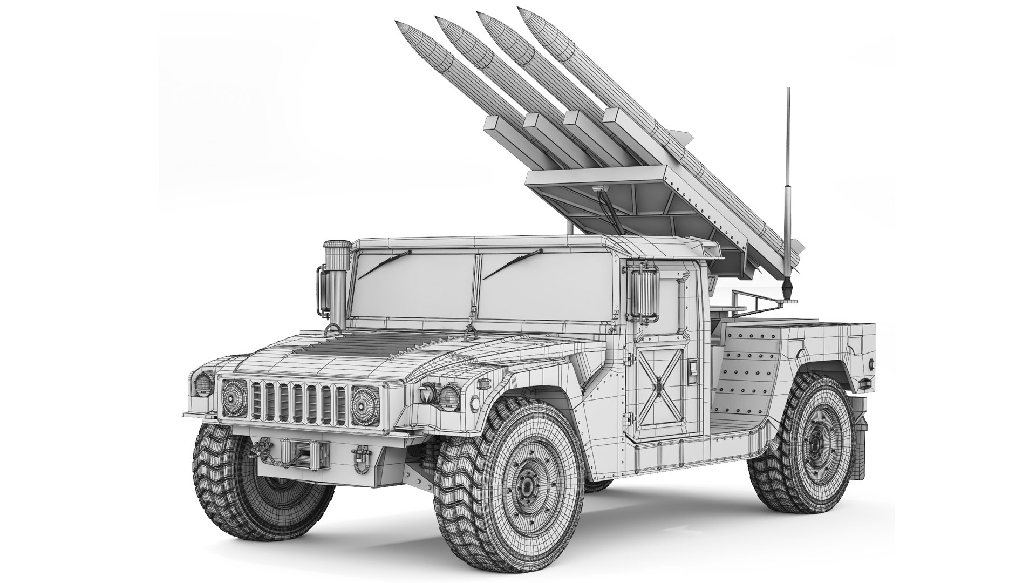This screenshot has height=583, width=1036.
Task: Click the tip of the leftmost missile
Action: tap(398, 23)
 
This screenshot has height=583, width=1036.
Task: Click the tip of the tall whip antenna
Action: tap(788, 89)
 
